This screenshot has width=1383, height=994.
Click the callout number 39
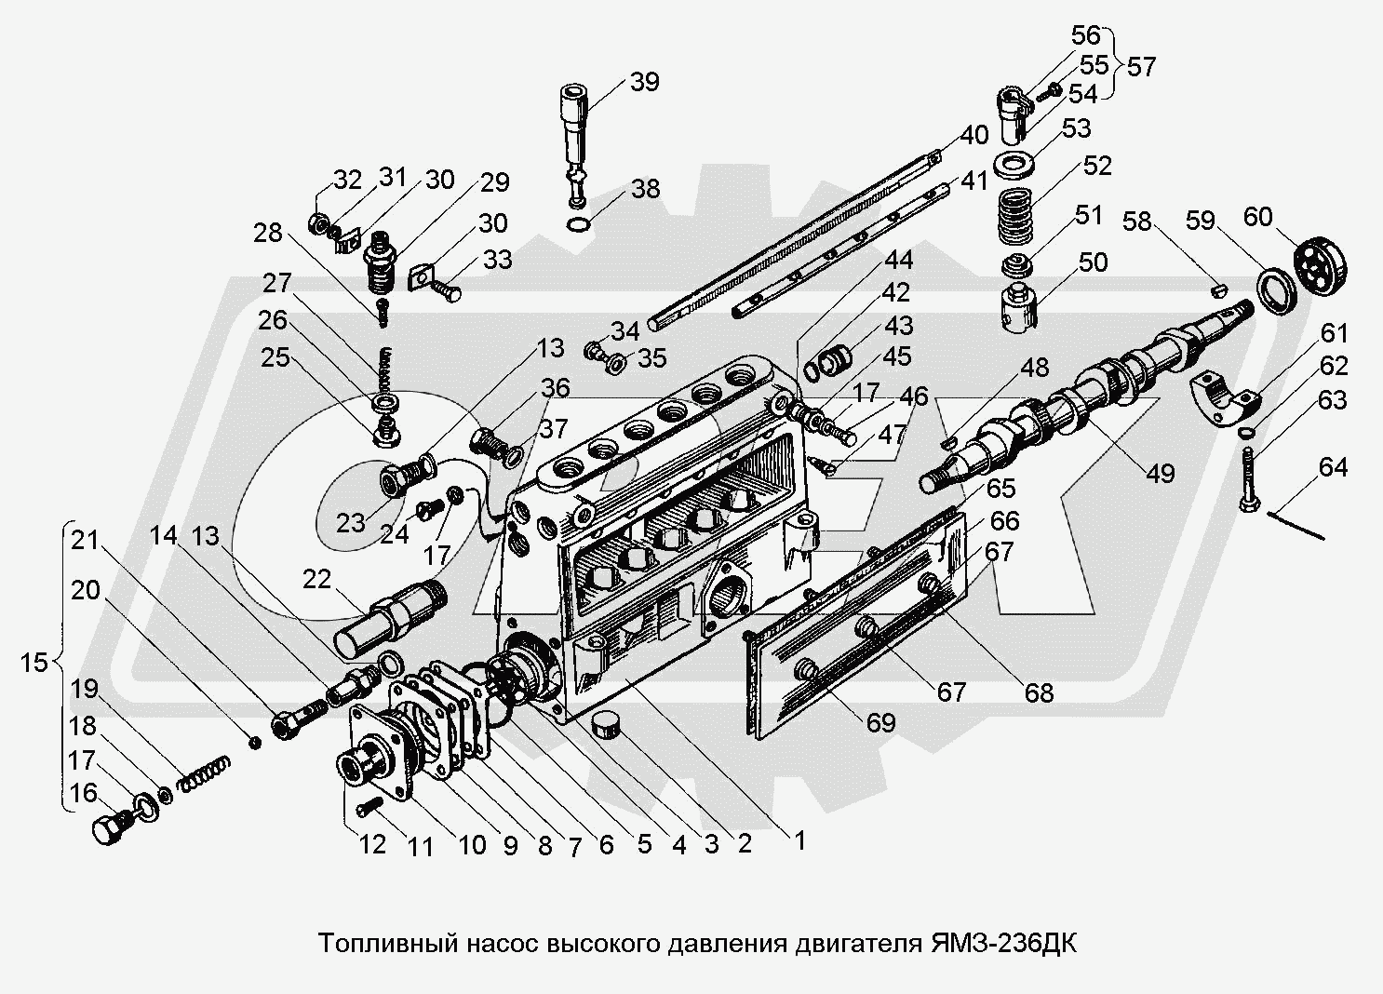coord(645,82)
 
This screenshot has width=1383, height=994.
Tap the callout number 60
coord(1257,217)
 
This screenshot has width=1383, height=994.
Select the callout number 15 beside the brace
coord(34,664)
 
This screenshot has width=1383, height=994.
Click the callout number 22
coord(316,579)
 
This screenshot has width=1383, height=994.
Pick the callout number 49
coord(1160,473)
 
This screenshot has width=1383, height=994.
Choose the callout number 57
coord(1141,66)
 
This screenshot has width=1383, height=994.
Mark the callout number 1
coord(798,840)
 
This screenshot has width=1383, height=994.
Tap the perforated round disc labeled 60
coord(1320,267)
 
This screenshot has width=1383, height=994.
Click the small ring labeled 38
coord(578,224)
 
